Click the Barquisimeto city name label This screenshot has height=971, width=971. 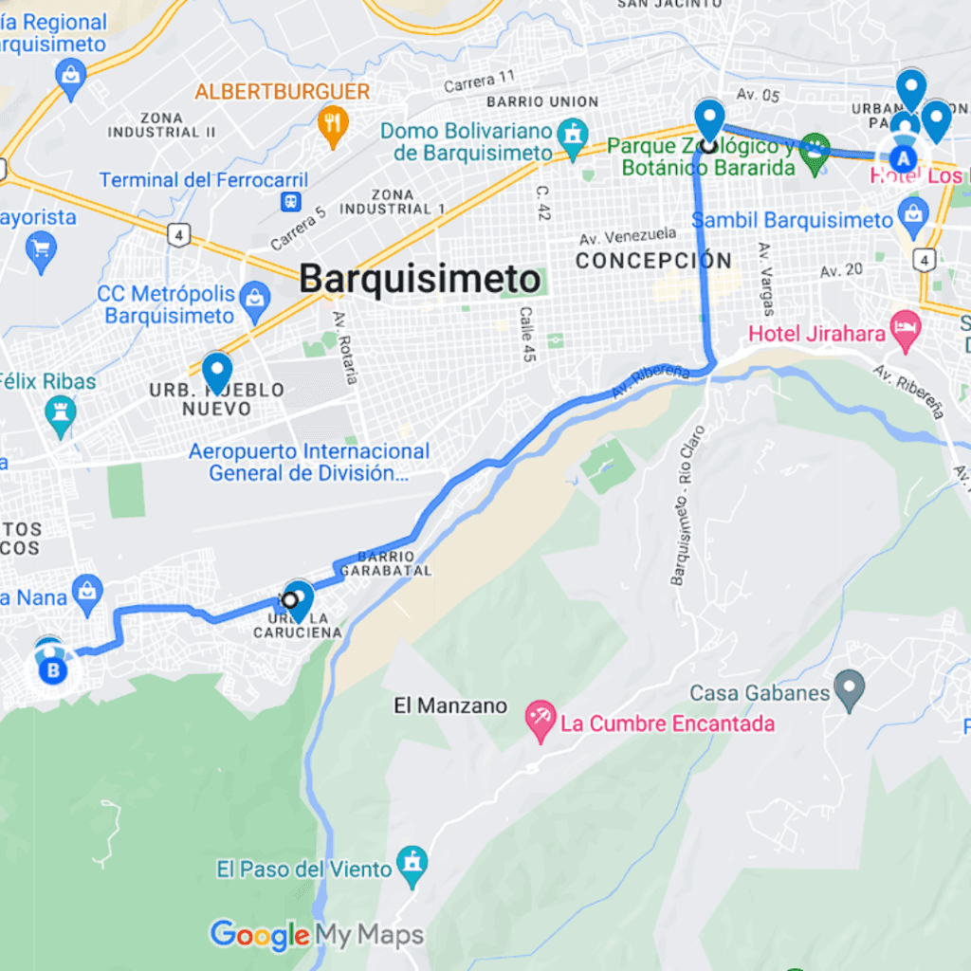(x=420, y=280)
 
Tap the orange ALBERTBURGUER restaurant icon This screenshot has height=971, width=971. (x=332, y=123)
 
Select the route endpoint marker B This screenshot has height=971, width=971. (x=53, y=671)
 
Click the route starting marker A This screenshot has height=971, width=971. (x=905, y=158)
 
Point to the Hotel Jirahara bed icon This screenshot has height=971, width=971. (x=906, y=332)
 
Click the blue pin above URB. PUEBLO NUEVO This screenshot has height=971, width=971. (x=217, y=371)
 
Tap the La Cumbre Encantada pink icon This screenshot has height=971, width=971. (x=540, y=723)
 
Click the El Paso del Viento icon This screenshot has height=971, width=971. (x=412, y=866)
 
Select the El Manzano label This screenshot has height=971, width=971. (x=450, y=706)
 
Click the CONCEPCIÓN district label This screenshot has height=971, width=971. (x=654, y=260)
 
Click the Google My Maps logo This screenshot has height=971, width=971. (x=317, y=935)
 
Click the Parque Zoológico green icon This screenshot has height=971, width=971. (x=814, y=149)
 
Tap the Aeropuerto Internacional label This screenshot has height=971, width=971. (x=308, y=463)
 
